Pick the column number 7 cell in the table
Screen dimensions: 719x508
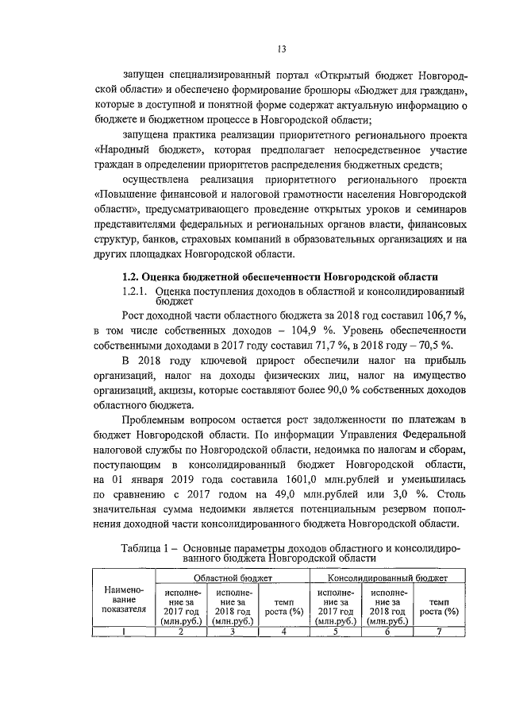pyautogui.click(x=439, y=632)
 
